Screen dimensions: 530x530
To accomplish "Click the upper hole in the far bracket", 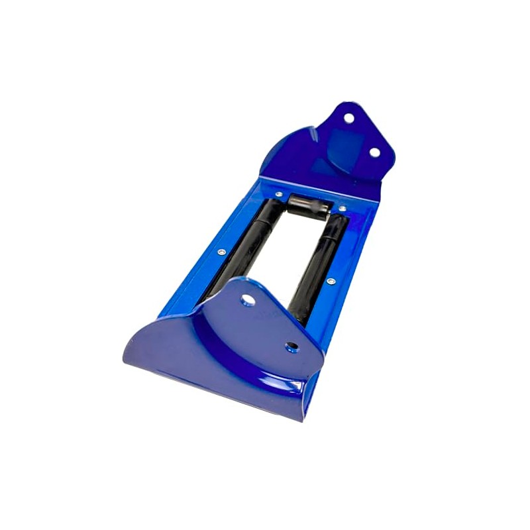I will (x=348, y=118).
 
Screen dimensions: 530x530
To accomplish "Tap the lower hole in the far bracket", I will (x=374, y=152).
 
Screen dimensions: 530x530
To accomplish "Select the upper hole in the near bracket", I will (x=248, y=301).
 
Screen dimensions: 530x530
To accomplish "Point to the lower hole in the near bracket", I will (x=291, y=346).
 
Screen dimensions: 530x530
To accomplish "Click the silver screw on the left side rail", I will (x=221, y=252).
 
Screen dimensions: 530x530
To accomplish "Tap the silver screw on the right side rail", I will (x=330, y=281).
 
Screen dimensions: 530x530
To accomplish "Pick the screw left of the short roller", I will (x=279, y=195).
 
